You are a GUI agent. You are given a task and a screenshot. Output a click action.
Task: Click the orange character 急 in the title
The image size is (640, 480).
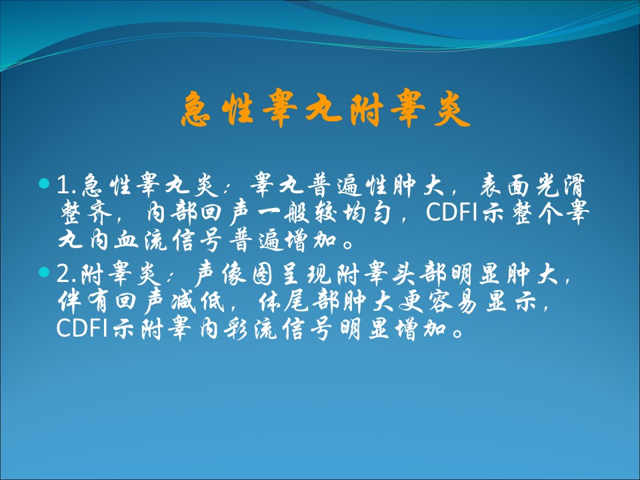(x=196, y=109)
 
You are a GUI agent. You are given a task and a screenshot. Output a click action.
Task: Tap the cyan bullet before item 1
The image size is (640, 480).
(x=44, y=183)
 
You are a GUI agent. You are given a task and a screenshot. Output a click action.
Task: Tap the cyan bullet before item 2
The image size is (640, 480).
(x=44, y=272)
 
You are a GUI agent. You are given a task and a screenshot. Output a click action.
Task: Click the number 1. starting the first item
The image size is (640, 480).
(x=67, y=185)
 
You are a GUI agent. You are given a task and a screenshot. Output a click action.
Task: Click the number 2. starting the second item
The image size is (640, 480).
(x=67, y=274)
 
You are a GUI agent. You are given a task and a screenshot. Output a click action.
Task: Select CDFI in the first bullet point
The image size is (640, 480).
(x=452, y=212)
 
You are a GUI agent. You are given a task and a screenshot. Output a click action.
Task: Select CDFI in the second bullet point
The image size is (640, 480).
(x=82, y=328)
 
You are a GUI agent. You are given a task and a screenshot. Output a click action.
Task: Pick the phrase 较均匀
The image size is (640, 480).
(x=352, y=213)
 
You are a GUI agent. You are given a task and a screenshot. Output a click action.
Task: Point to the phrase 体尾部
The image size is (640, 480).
(x=299, y=302)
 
